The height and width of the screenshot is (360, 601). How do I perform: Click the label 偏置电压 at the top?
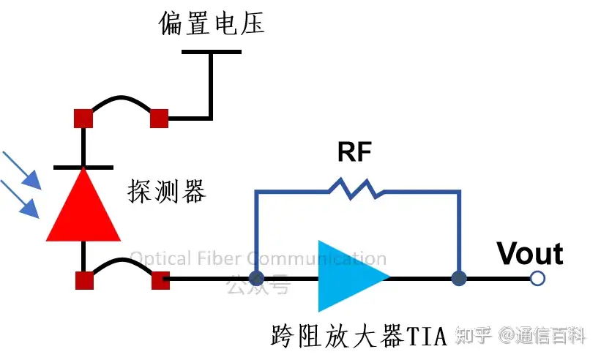(212, 23)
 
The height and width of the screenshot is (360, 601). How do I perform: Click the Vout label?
(530, 254)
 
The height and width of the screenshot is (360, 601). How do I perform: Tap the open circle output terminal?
(538, 278)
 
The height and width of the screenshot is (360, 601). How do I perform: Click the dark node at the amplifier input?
(256, 278)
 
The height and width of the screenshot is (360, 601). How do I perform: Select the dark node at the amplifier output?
(459, 278)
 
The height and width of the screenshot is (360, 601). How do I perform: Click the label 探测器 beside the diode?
(167, 192)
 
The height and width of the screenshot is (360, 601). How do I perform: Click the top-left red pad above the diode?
(83, 118)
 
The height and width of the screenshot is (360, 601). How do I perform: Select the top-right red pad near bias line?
(159, 118)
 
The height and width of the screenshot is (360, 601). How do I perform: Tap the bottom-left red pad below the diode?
(83, 279)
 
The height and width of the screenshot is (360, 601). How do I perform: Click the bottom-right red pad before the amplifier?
(159, 279)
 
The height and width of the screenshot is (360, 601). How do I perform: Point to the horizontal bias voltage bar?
(211, 52)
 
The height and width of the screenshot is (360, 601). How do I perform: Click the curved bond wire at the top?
(121, 100)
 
